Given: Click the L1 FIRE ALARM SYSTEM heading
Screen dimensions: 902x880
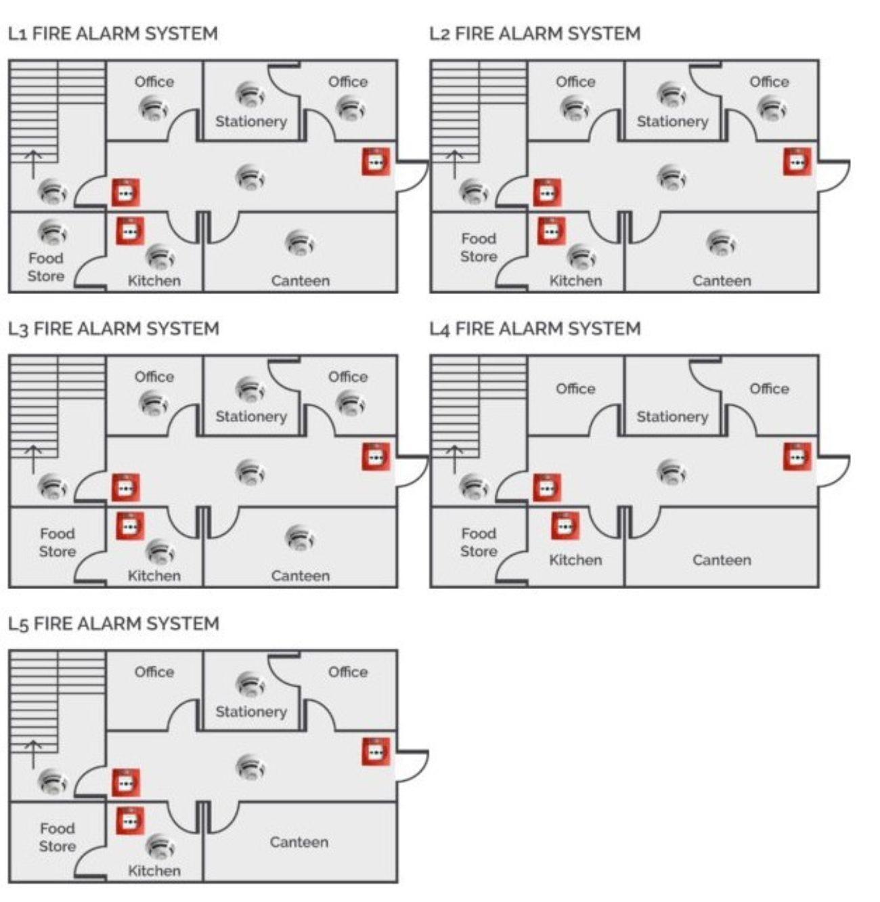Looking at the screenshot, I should click(112, 34).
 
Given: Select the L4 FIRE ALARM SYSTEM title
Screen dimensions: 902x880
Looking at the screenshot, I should click(535, 329).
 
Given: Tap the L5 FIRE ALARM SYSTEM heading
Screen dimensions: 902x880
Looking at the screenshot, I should click(113, 624).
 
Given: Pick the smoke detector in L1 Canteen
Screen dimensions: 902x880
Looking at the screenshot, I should click(300, 243).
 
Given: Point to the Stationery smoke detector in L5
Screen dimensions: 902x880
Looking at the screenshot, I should click(250, 684).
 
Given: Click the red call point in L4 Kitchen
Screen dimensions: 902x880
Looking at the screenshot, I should click(565, 526).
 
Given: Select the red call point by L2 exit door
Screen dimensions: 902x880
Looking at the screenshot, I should click(797, 162).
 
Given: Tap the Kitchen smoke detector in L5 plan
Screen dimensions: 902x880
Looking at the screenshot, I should click(160, 846).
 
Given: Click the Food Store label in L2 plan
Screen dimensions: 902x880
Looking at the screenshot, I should click(479, 248).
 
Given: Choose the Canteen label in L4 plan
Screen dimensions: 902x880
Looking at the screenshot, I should click(722, 560).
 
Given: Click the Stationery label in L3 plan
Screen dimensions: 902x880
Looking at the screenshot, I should click(251, 416).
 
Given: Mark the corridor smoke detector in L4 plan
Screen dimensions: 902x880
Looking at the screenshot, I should click(672, 471).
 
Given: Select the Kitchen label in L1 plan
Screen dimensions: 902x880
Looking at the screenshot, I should click(154, 280).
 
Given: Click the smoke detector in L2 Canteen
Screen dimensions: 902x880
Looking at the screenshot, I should click(721, 243).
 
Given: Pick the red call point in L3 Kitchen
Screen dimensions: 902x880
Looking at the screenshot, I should click(130, 526).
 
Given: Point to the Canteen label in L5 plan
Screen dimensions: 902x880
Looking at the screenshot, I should click(299, 842).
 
